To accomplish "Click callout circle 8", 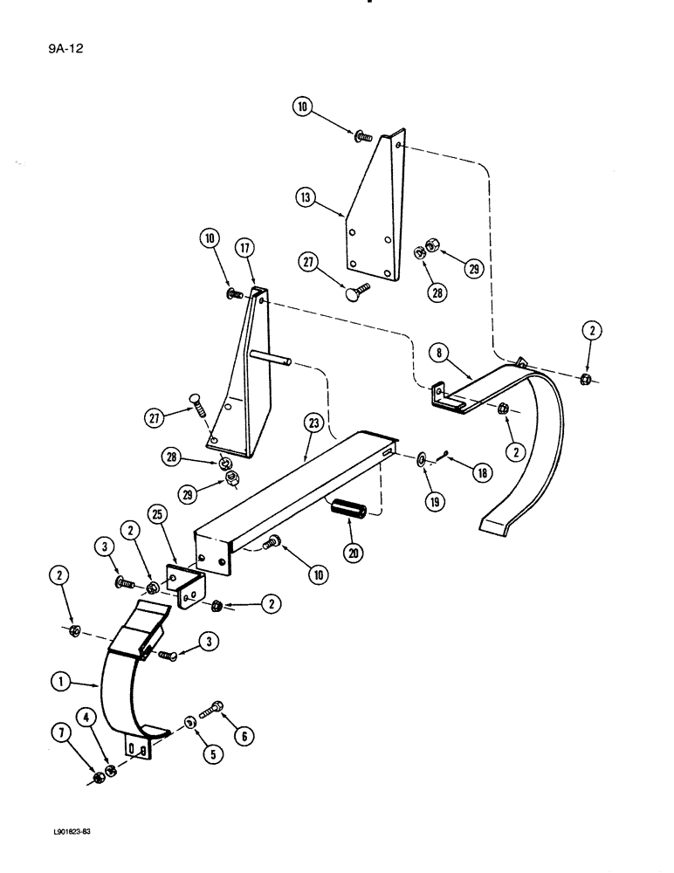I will click(440, 353).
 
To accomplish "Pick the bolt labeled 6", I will click(213, 715).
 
